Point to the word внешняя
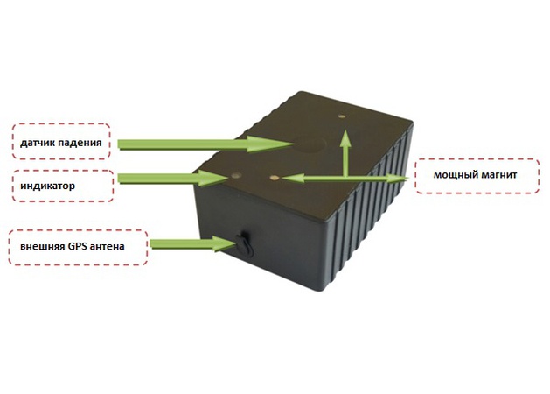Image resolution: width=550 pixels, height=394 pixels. [41, 246]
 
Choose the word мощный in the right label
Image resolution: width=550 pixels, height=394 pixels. [454, 175]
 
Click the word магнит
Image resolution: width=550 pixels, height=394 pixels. [498, 175]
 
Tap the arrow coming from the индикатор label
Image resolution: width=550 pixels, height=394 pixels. [171, 179]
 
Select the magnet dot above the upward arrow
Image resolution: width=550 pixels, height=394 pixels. [344, 113]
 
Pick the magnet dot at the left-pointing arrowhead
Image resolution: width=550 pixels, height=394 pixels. [275, 177]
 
